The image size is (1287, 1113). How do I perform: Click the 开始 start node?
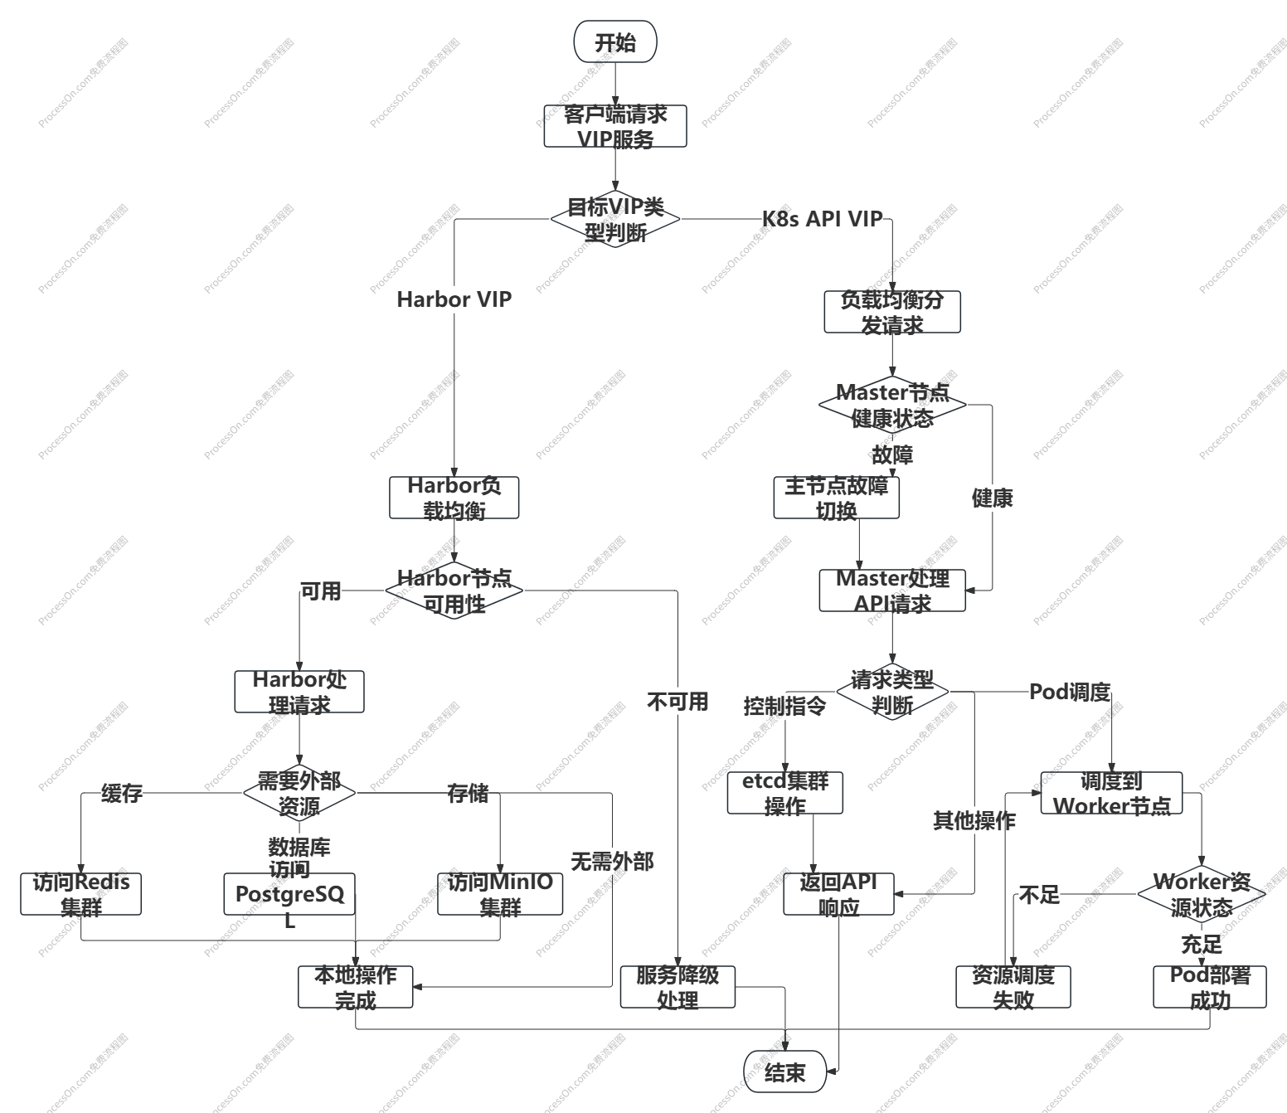[615, 41]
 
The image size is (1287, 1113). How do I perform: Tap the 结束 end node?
[784, 1072]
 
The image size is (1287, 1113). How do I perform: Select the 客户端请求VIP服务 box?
[615, 126]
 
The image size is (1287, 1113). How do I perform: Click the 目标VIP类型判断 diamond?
[615, 219]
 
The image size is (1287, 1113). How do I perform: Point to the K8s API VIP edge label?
[822, 219]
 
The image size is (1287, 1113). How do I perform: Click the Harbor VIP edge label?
[454, 299]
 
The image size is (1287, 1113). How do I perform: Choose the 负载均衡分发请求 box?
[892, 312]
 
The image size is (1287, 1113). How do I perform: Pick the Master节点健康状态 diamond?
[892, 405]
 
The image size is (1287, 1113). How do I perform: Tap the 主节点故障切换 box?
[836, 498]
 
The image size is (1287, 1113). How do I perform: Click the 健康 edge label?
[992, 498]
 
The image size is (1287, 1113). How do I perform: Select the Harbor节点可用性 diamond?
[454, 591]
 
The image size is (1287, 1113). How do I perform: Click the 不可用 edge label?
[677, 702]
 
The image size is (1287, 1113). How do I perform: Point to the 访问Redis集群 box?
[81, 894]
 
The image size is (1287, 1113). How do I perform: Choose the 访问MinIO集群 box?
[500, 894]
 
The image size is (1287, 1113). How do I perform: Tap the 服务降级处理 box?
[677, 987]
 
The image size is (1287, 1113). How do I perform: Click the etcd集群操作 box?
[784, 793]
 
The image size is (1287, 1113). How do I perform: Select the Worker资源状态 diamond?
[1201, 894]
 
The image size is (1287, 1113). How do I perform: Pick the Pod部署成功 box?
[1210, 987]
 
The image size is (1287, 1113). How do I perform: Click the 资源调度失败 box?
[1013, 987]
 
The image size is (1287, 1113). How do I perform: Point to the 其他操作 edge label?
[974, 821]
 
